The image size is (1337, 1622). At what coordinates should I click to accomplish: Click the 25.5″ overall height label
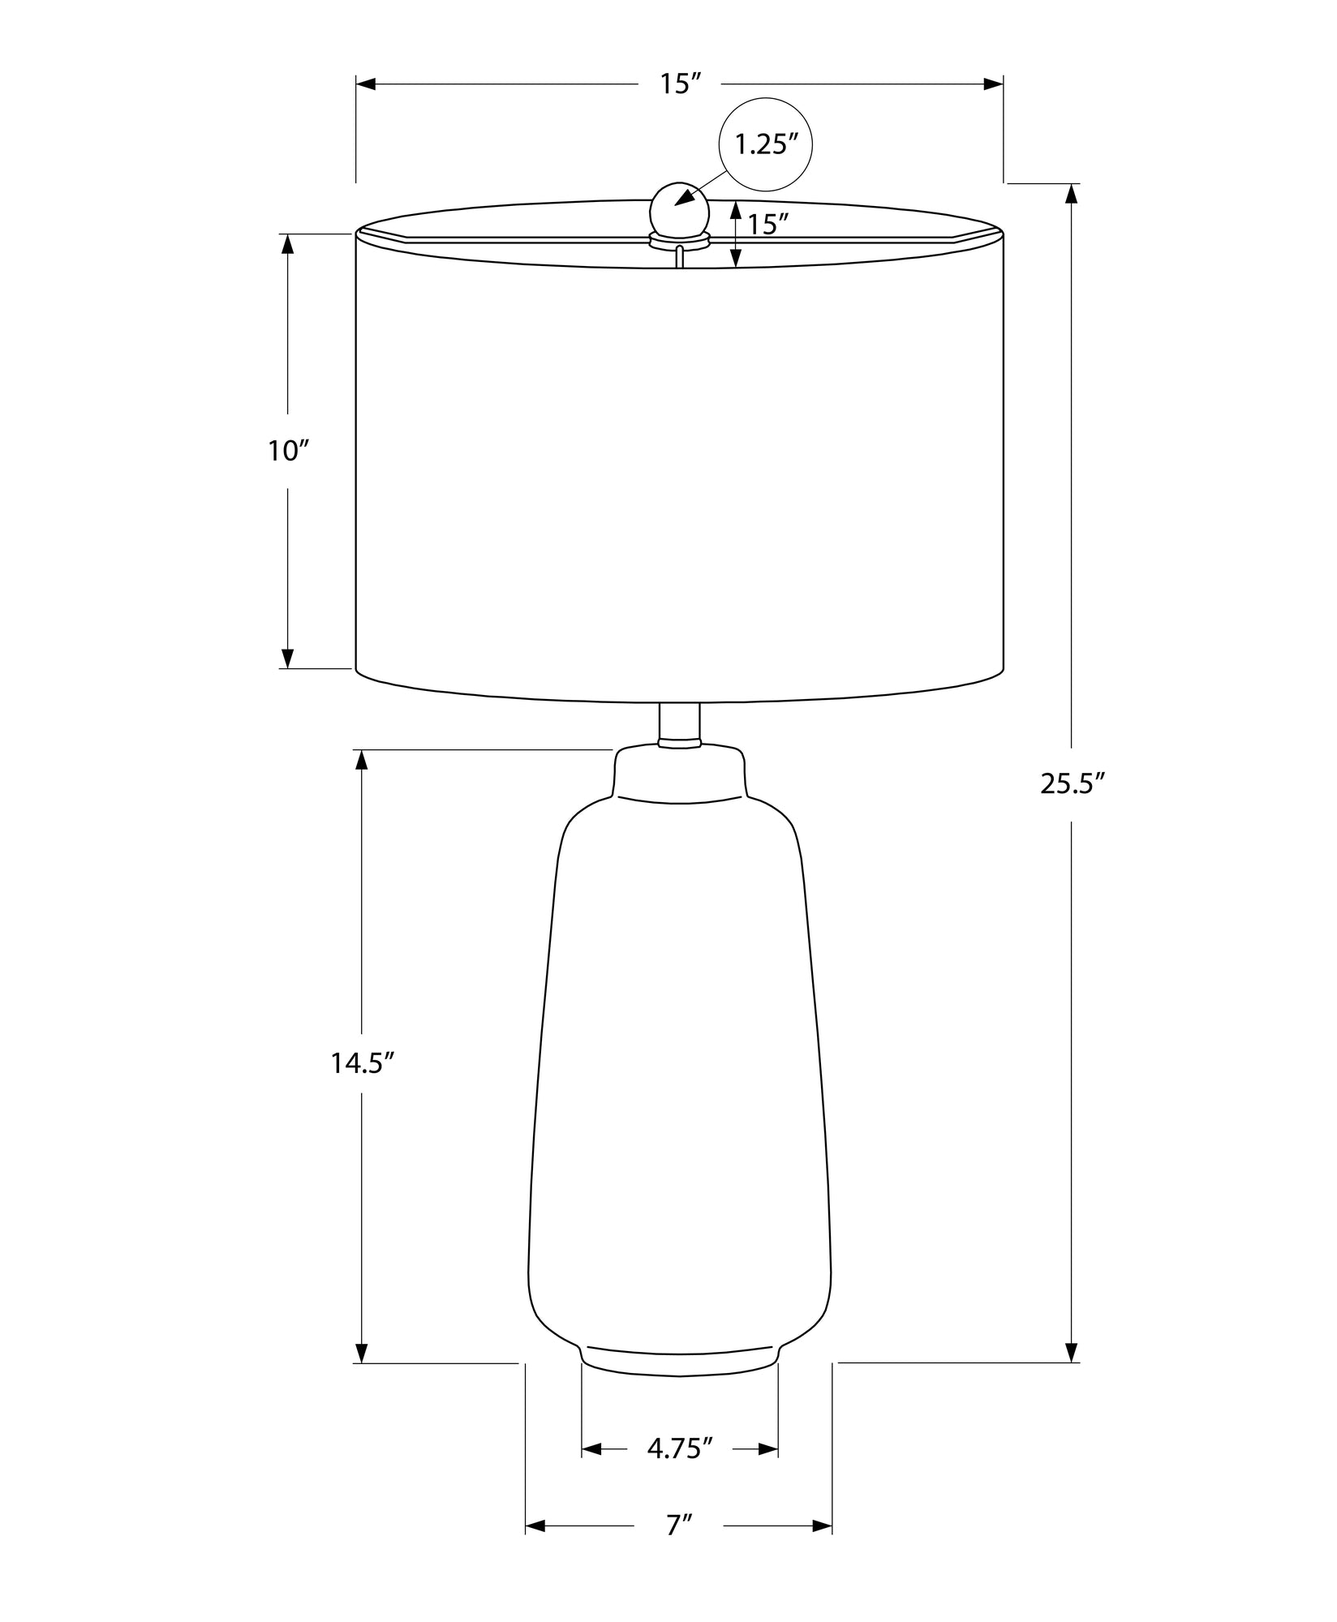click(x=1073, y=784)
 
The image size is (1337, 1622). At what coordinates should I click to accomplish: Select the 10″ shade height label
click(x=290, y=451)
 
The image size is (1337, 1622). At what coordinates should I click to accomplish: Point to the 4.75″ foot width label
click(x=680, y=1448)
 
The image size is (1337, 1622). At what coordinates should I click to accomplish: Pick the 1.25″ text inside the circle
click(x=766, y=145)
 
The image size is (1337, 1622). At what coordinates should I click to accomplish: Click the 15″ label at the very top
click(x=679, y=84)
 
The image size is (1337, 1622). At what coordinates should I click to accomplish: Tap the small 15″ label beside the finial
click(x=768, y=224)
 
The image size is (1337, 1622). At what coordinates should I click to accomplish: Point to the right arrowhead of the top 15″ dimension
click(x=993, y=84)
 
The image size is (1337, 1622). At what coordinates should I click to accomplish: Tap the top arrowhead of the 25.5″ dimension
click(x=1072, y=195)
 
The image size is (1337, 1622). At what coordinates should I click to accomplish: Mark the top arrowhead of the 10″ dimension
click(x=287, y=244)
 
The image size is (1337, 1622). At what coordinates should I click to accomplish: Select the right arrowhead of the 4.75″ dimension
click(x=767, y=1449)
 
